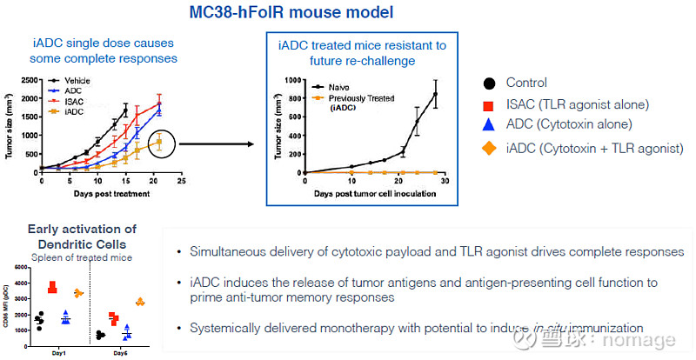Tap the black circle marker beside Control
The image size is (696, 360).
[x=490, y=83]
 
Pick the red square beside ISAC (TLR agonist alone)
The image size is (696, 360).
[x=490, y=104]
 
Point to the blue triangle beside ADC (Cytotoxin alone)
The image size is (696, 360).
[x=490, y=126]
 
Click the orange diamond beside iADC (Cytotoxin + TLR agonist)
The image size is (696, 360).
[x=490, y=148]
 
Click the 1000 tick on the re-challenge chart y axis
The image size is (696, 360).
[x=296, y=80]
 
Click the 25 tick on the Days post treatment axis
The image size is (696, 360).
[x=181, y=182]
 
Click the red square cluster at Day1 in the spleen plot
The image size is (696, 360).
[x=52, y=287]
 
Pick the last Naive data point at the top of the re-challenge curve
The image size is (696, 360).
[x=435, y=94]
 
